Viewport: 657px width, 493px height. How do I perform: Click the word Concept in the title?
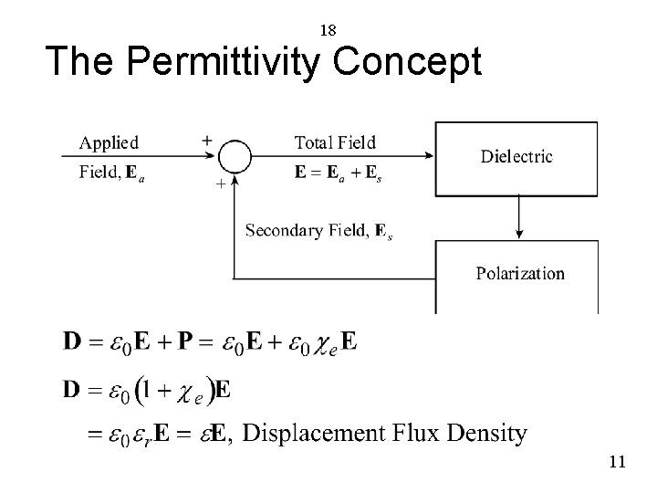click(407, 61)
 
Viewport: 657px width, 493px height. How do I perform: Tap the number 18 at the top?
click(328, 30)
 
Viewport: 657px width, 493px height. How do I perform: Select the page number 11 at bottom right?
click(617, 462)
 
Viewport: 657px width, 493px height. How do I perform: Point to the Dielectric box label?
click(516, 156)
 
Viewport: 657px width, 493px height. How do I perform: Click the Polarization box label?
click(520, 273)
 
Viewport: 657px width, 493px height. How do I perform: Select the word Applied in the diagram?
click(109, 142)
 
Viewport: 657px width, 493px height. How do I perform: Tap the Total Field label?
click(335, 142)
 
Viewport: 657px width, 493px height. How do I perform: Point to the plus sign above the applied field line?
click(207, 141)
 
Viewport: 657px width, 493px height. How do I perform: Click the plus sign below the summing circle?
click(218, 184)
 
